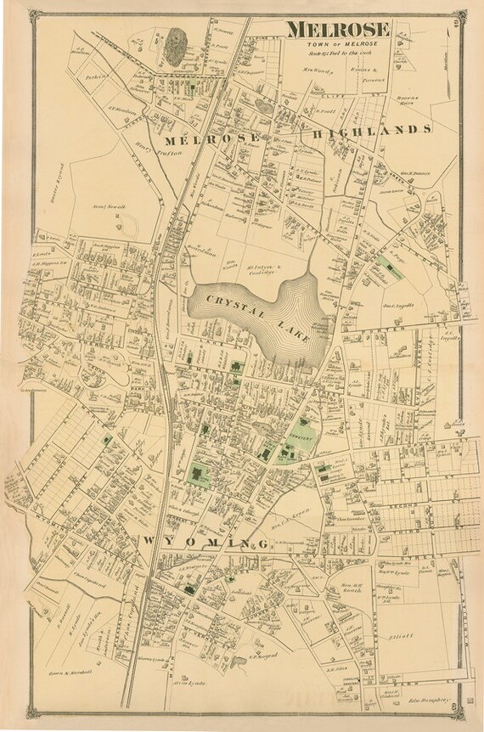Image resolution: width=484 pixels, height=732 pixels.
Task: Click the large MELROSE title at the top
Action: click(338, 30)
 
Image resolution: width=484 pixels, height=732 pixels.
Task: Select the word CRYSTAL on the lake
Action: click(224, 301)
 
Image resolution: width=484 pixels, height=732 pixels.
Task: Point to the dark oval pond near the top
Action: click(177, 42)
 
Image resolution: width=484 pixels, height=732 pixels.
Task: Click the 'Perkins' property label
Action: click(94, 76)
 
